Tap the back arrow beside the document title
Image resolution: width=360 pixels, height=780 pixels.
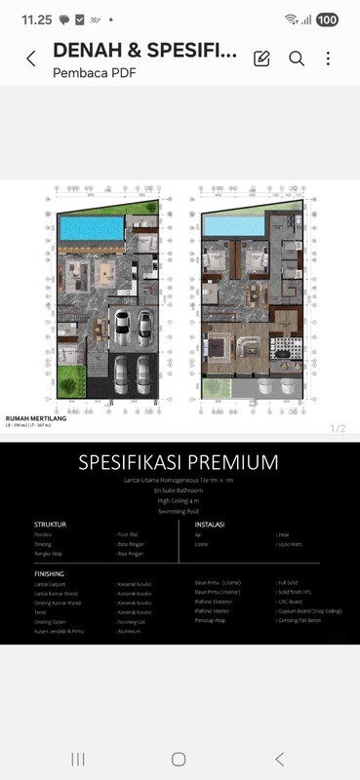click(x=30, y=58)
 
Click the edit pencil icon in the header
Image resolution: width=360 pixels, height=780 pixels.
click(x=261, y=58)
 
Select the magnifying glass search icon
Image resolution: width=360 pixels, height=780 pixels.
click(x=297, y=58)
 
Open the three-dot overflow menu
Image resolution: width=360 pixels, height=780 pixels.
click(x=328, y=58)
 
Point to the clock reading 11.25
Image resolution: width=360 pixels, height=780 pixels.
click(x=36, y=19)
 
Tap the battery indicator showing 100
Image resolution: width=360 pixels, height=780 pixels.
click(x=327, y=19)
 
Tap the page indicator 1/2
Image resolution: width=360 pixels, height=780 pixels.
click(x=338, y=428)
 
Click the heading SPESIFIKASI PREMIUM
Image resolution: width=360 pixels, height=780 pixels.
click(x=179, y=462)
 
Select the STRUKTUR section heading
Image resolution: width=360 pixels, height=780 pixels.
click(x=50, y=525)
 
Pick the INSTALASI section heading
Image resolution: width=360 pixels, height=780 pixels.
click(x=210, y=525)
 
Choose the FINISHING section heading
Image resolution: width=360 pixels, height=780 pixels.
click(x=50, y=574)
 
